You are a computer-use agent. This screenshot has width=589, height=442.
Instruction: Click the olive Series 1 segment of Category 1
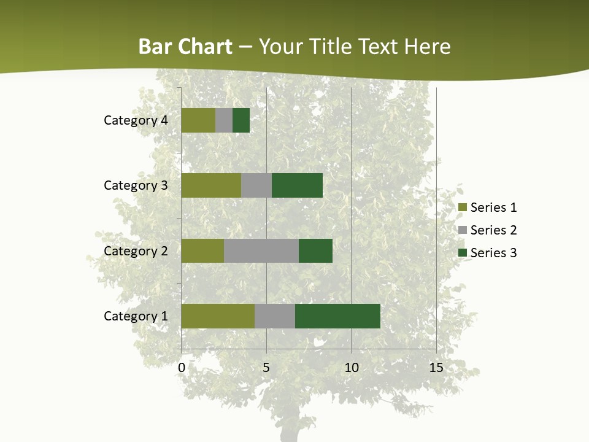point(218,316)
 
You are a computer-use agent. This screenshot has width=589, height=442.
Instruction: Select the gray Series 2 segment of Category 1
point(275,316)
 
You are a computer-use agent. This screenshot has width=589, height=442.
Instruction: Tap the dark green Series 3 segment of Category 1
point(337,316)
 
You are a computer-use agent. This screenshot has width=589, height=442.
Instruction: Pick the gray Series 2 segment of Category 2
point(261,250)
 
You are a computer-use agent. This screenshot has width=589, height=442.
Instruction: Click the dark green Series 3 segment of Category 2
point(315,250)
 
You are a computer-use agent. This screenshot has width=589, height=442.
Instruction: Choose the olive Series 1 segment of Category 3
point(211,185)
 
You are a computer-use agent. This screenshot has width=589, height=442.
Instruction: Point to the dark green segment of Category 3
point(297,185)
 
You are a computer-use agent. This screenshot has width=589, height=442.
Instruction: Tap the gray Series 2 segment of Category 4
point(224,120)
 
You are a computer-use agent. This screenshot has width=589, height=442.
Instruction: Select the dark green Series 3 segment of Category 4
point(241,120)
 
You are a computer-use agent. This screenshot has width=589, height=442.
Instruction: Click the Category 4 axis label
point(136,120)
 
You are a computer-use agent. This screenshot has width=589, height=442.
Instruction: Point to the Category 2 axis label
point(136,250)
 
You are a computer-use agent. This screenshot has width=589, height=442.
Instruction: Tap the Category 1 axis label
point(136,316)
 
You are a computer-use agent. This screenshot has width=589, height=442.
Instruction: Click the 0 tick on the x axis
point(182,368)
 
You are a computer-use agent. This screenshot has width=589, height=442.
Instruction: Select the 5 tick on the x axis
point(266,368)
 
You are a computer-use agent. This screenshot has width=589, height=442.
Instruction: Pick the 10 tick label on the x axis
point(351,368)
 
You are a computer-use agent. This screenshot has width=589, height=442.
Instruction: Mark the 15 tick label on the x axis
point(436,368)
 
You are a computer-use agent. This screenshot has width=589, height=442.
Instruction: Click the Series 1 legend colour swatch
point(462,207)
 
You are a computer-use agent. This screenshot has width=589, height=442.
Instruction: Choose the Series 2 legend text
point(493,230)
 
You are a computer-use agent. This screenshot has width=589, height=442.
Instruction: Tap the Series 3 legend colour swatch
point(462,253)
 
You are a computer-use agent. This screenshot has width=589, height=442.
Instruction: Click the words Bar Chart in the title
point(185,47)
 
